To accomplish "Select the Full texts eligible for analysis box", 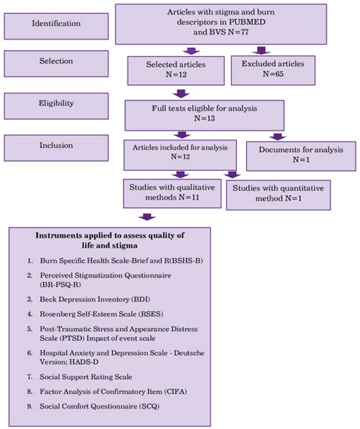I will [204, 113].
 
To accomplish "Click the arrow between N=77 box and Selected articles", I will [178, 52].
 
